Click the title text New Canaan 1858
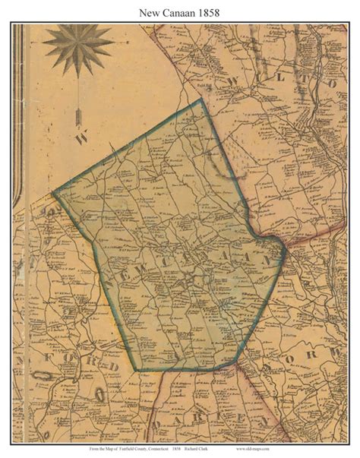coord(179,11)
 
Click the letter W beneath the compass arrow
coord(83,139)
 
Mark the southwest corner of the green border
coord(137,370)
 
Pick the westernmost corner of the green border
coord(53,191)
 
